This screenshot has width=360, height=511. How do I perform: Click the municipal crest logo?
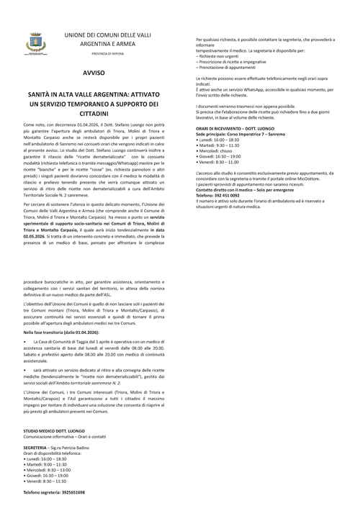click(x=34, y=44)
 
